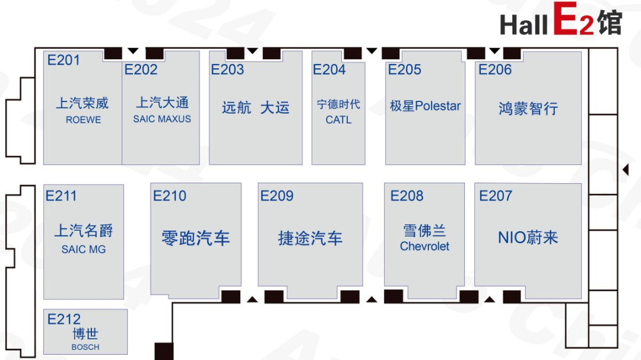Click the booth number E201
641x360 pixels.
(x=64, y=60)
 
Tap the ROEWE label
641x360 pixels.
(x=84, y=120)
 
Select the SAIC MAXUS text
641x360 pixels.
(x=162, y=119)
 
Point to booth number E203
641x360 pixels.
(x=227, y=69)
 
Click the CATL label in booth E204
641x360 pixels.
(x=338, y=120)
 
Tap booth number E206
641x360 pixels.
(x=495, y=69)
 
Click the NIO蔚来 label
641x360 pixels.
(x=528, y=237)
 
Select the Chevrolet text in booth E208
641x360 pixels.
(x=424, y=246)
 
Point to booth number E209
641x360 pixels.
(x=277, y=196)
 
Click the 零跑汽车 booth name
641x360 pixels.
(x=196, y=238)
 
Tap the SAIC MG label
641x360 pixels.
(x=84, y=249)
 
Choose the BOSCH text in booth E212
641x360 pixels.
(x=85, y=347)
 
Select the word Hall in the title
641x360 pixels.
(x=523, y=24)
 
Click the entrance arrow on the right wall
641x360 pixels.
(x=626, y=170)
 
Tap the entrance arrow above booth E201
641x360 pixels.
(x=133, y=51)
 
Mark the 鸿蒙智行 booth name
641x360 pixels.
(x=528, y=109)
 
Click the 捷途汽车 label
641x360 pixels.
(x=310, y=238)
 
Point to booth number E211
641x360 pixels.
(x=61, y=196)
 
